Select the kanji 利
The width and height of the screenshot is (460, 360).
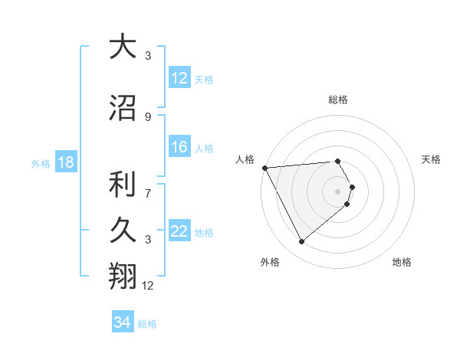click(x=123, y=184)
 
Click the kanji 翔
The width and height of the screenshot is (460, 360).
click(x=123, y=276)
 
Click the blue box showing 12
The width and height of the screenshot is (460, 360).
click(x=179, y=78)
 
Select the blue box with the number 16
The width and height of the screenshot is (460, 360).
click(x=179, y=147)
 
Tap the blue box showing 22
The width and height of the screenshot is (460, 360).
click(x=179, y=231)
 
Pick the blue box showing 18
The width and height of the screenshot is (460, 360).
click(x=65, y=162)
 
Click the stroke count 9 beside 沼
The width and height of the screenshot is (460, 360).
click(x=148, y=116)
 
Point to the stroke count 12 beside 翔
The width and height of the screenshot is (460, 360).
click(x=148, y=286)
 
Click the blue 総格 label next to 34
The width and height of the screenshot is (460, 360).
click(x=147, y=324)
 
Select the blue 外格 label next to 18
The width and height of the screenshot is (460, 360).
click(x=41, y=163)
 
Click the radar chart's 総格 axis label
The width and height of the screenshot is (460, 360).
click(x=338, y=100)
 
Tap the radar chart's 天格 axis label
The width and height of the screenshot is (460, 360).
click(x=432, y=159)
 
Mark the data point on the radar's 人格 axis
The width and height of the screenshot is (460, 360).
click(x=264, y=167)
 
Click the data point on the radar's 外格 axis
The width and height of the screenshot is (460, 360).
click(x=301, y=242)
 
